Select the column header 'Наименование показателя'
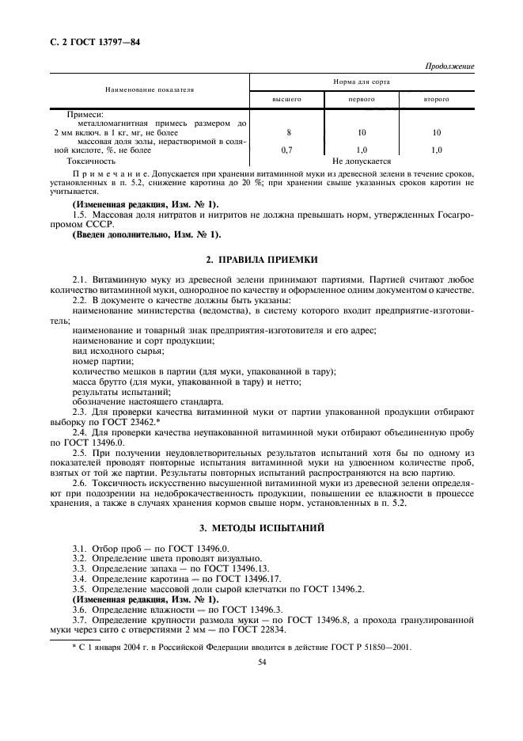(x=149, y=90)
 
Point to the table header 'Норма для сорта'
(x=362, y=82)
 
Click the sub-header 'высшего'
(x=286, y=101)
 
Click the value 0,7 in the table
(x=288, y=150)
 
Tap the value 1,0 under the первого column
(x=362, y=150)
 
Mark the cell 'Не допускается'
(x=362, y=161)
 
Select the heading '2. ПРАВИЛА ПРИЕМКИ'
(x=261, y=260)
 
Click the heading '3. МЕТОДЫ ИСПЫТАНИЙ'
(x=261, y=527)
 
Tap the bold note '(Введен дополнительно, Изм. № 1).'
(x=146, y=234)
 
